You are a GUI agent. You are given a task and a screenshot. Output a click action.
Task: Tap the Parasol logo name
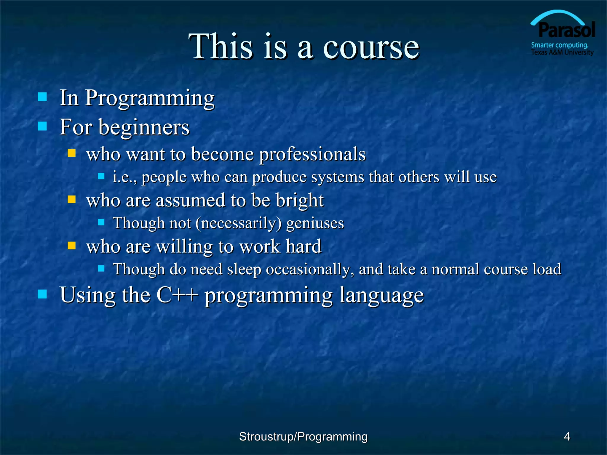[566, 30]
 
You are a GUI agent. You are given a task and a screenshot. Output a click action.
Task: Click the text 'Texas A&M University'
[562, 53]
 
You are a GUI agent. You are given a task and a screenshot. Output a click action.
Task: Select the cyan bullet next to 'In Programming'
[42, 97]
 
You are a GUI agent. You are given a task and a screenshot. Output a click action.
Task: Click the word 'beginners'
[144, 127]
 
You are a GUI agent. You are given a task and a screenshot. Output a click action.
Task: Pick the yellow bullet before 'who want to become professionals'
[72, 153]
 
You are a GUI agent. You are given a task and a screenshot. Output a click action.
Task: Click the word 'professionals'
[312, 154]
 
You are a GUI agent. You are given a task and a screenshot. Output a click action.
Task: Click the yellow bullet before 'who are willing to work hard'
[72, 246]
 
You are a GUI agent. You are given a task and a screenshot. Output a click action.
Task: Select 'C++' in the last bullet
[177, 295]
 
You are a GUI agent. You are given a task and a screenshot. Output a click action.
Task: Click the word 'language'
[381, 295]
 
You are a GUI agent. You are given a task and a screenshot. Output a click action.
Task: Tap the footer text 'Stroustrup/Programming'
[303, 437]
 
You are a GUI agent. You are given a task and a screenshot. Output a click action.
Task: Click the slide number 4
[567, 437]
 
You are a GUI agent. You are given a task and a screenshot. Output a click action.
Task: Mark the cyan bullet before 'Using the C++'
[42, 294]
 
